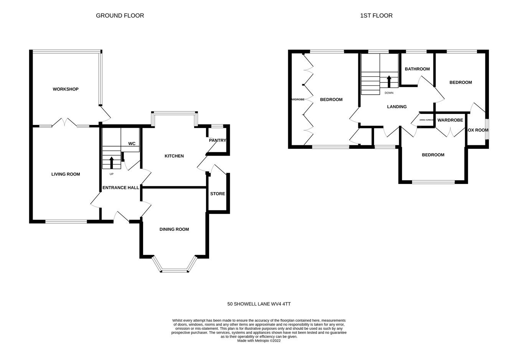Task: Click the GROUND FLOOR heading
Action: pyautogui.click(x=120, y=16)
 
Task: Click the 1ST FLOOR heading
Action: pyautogui.click(x=376, y=16)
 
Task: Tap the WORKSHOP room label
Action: pyautogui.click(x=66, y=89)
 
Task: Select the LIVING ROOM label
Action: pyautogui.click(x=66, y=174)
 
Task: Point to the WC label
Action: pyautogui.click(x=132, y=144)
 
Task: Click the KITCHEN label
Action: pyautogui.click(x=174, y=156)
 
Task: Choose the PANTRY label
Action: pyautogui.click(x=217, y=141)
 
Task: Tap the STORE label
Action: pyautogui.click(x=218, y=194)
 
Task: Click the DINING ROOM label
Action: pyautogui.click(x=174, y=230)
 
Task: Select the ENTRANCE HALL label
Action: pyautogui.click(x=120, y=188)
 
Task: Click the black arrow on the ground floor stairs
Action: pyautogui.click(x=112, y=163)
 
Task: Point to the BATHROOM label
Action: pyautogui.click(x=417, y=69)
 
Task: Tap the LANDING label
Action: pyautogui.click(x=397, y=107)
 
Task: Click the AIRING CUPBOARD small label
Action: pyautogui.click(x=426, y=120)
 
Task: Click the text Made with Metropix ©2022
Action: pyautogui.click(x=259, y=340)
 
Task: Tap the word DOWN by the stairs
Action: pyautogui.click(x=389, y=93)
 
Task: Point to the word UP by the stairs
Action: pyautogui.click(x=112, y=174)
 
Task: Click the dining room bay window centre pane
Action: pyautogui.click(x=175, y=271)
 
